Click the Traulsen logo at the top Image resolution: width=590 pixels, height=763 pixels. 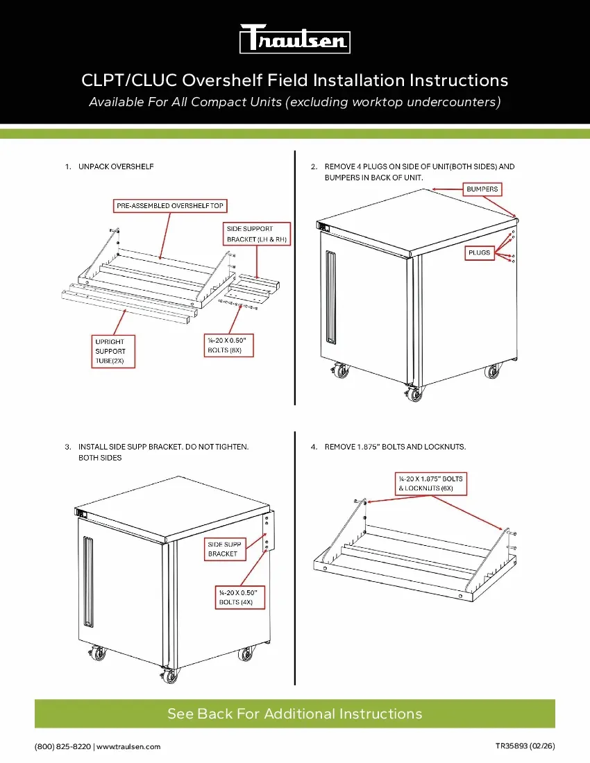[294, 39]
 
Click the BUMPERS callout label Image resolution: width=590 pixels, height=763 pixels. [482, 189]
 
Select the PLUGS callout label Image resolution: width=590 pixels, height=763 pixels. [478, 253]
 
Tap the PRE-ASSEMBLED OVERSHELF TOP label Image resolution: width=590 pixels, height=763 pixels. [170, 206]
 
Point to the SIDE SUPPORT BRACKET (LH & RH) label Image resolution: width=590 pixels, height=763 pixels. [257, 234]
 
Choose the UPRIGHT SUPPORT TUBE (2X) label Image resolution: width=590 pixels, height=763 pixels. [113, 351]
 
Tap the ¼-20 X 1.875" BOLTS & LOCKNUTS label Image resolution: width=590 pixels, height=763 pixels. [430, 483]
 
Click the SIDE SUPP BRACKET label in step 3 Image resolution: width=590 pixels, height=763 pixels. [224, 549]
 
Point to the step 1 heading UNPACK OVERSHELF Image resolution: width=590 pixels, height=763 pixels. [116, 166]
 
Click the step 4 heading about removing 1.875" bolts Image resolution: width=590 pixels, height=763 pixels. [395, 447]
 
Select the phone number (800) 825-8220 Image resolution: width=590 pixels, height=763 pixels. [62, 746]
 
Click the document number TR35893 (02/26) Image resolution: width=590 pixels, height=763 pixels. [525, 746]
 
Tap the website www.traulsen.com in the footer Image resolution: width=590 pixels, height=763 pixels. [128, 746]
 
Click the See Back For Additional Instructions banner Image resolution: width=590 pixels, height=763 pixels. [294, 714]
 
